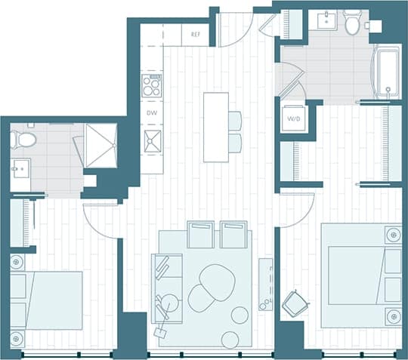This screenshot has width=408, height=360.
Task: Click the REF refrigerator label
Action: point(195,35)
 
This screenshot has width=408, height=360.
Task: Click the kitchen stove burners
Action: point(152,85)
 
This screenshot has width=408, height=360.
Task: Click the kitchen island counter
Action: point(215,127)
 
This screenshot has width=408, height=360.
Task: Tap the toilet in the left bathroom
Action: point(23,139)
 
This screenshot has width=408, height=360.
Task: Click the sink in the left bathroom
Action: point(17,168)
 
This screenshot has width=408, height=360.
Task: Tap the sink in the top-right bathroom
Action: point(326,20)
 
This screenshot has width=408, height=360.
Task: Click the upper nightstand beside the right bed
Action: point(392,234)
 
